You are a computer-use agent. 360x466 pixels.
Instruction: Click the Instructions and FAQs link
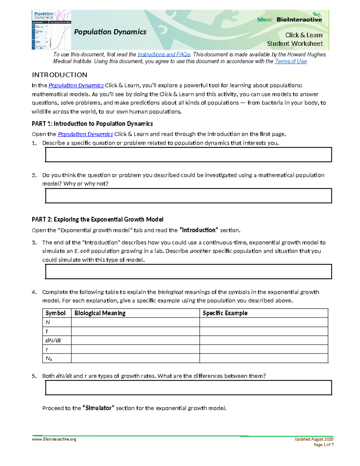[164, 54]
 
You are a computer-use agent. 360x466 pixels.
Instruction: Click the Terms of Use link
[291, 61]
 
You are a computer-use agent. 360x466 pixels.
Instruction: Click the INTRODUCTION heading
[59, 75]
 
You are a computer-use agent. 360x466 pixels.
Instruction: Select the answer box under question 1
[188, 155]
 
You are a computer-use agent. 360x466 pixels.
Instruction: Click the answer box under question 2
[188, 196]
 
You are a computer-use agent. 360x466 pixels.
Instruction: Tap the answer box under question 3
[188, 272]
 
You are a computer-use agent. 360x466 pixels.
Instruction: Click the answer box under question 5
[188, 387]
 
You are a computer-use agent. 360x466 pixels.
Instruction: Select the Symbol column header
[55, 313]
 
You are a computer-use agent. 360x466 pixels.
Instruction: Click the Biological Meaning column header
[100, 313]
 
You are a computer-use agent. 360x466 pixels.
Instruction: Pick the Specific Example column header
[225, 313]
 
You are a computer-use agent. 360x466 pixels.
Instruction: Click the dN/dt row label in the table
[53, 340]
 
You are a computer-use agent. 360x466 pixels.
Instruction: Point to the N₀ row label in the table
[49, 358]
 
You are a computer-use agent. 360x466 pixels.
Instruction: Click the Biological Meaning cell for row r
[135, 349]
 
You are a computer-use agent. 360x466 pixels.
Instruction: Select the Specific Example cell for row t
[264, 331]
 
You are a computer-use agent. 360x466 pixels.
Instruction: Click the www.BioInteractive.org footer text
[54, 439]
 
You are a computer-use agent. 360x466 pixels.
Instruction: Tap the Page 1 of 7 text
[323, 445]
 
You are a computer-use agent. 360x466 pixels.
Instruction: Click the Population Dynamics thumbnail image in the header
[51, 30]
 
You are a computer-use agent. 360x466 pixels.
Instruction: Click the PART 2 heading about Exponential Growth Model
[97, 219]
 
